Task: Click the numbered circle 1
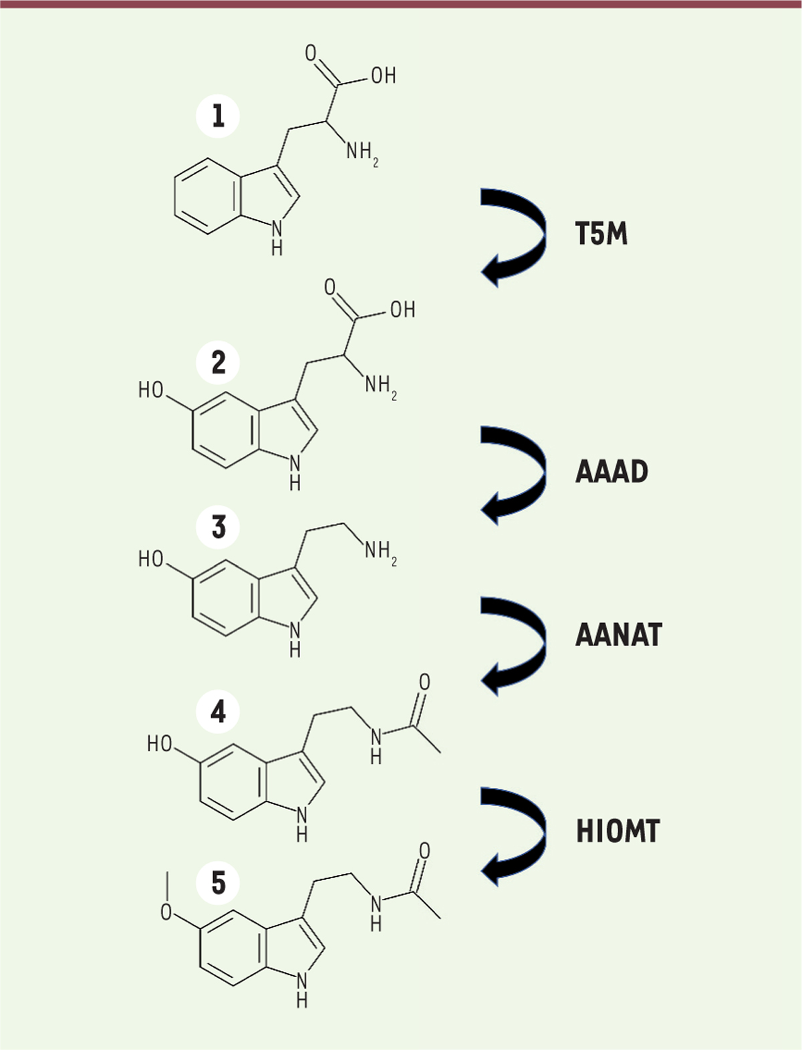218,117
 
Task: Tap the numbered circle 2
218,363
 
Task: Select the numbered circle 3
218,527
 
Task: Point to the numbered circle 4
218,712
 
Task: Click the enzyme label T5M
601,235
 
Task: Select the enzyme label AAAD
612,471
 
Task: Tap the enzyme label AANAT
619,635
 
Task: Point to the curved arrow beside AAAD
514,475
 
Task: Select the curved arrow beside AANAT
514,646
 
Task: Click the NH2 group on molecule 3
381,551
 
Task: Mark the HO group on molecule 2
151,390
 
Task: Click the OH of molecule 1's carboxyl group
384,76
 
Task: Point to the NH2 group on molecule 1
362,153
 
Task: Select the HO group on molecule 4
160,743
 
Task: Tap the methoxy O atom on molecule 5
166,912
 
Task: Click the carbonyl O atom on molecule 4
424,682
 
